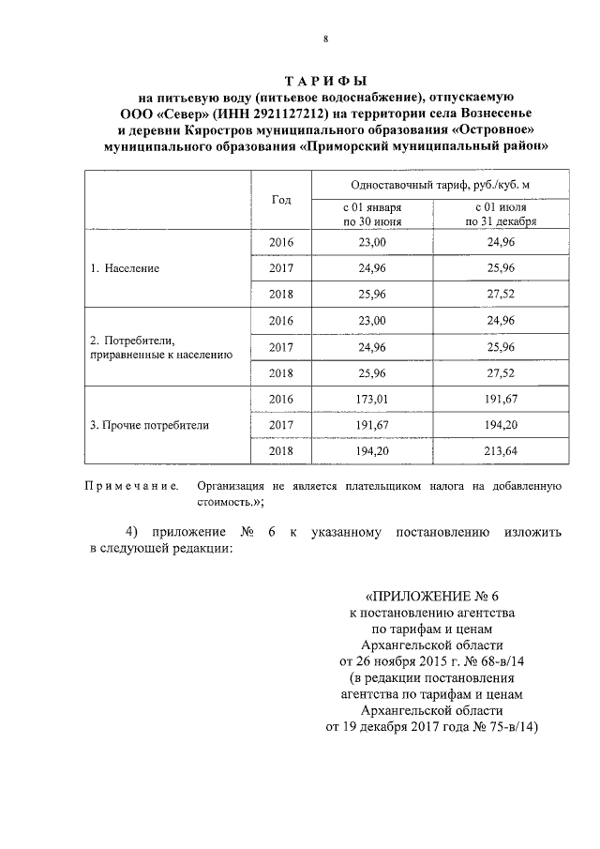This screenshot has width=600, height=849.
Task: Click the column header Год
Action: [281, 200]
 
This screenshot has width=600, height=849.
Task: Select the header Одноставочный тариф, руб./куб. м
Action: [440, 186]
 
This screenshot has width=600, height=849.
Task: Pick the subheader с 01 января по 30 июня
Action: [373, 215]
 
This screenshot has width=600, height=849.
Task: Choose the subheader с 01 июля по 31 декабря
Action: [505, 215]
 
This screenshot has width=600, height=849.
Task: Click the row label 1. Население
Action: [125, 267]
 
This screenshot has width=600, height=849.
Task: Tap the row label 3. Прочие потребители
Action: [149, 425]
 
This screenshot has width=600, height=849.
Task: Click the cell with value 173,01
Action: [373, 399]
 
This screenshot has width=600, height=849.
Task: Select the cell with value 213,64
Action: [505, 451]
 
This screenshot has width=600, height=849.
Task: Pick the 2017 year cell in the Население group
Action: [281, 267]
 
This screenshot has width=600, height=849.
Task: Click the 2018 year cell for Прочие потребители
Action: [281, 451]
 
